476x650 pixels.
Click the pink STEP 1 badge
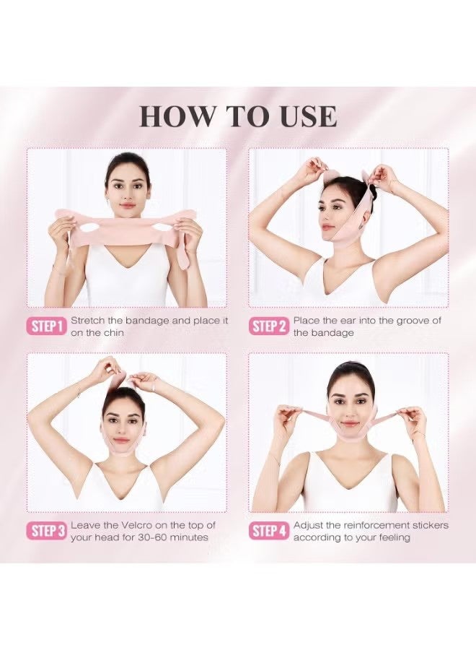[x=46, y=326]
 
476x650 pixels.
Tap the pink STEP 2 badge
[x=268, y=326]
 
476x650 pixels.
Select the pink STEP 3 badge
[x=46, y=531]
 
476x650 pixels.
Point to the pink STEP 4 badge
[x=268, y=531]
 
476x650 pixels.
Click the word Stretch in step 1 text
[x=88, y=321]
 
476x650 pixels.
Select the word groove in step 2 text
[x=413, y=321]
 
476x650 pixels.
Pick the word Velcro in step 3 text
[x=136, y=525]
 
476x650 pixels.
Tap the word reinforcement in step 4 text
[x=374, y=525]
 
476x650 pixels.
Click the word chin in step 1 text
[x=113, y=333]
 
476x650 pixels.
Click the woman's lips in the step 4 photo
[x=351, y=422]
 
